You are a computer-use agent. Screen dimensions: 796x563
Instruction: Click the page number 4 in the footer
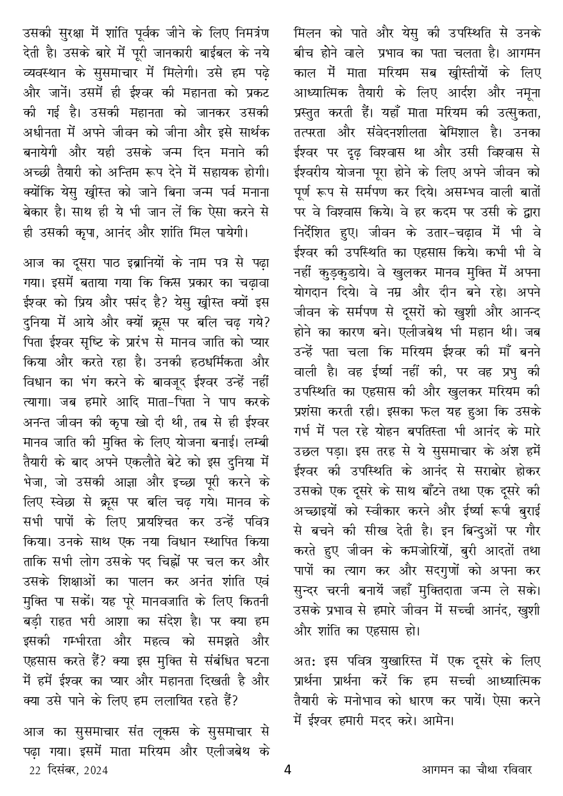(287, 770)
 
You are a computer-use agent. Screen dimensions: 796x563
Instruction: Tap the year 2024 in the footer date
(95, 770)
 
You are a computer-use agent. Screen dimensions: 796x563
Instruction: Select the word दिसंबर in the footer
(60, 770)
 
